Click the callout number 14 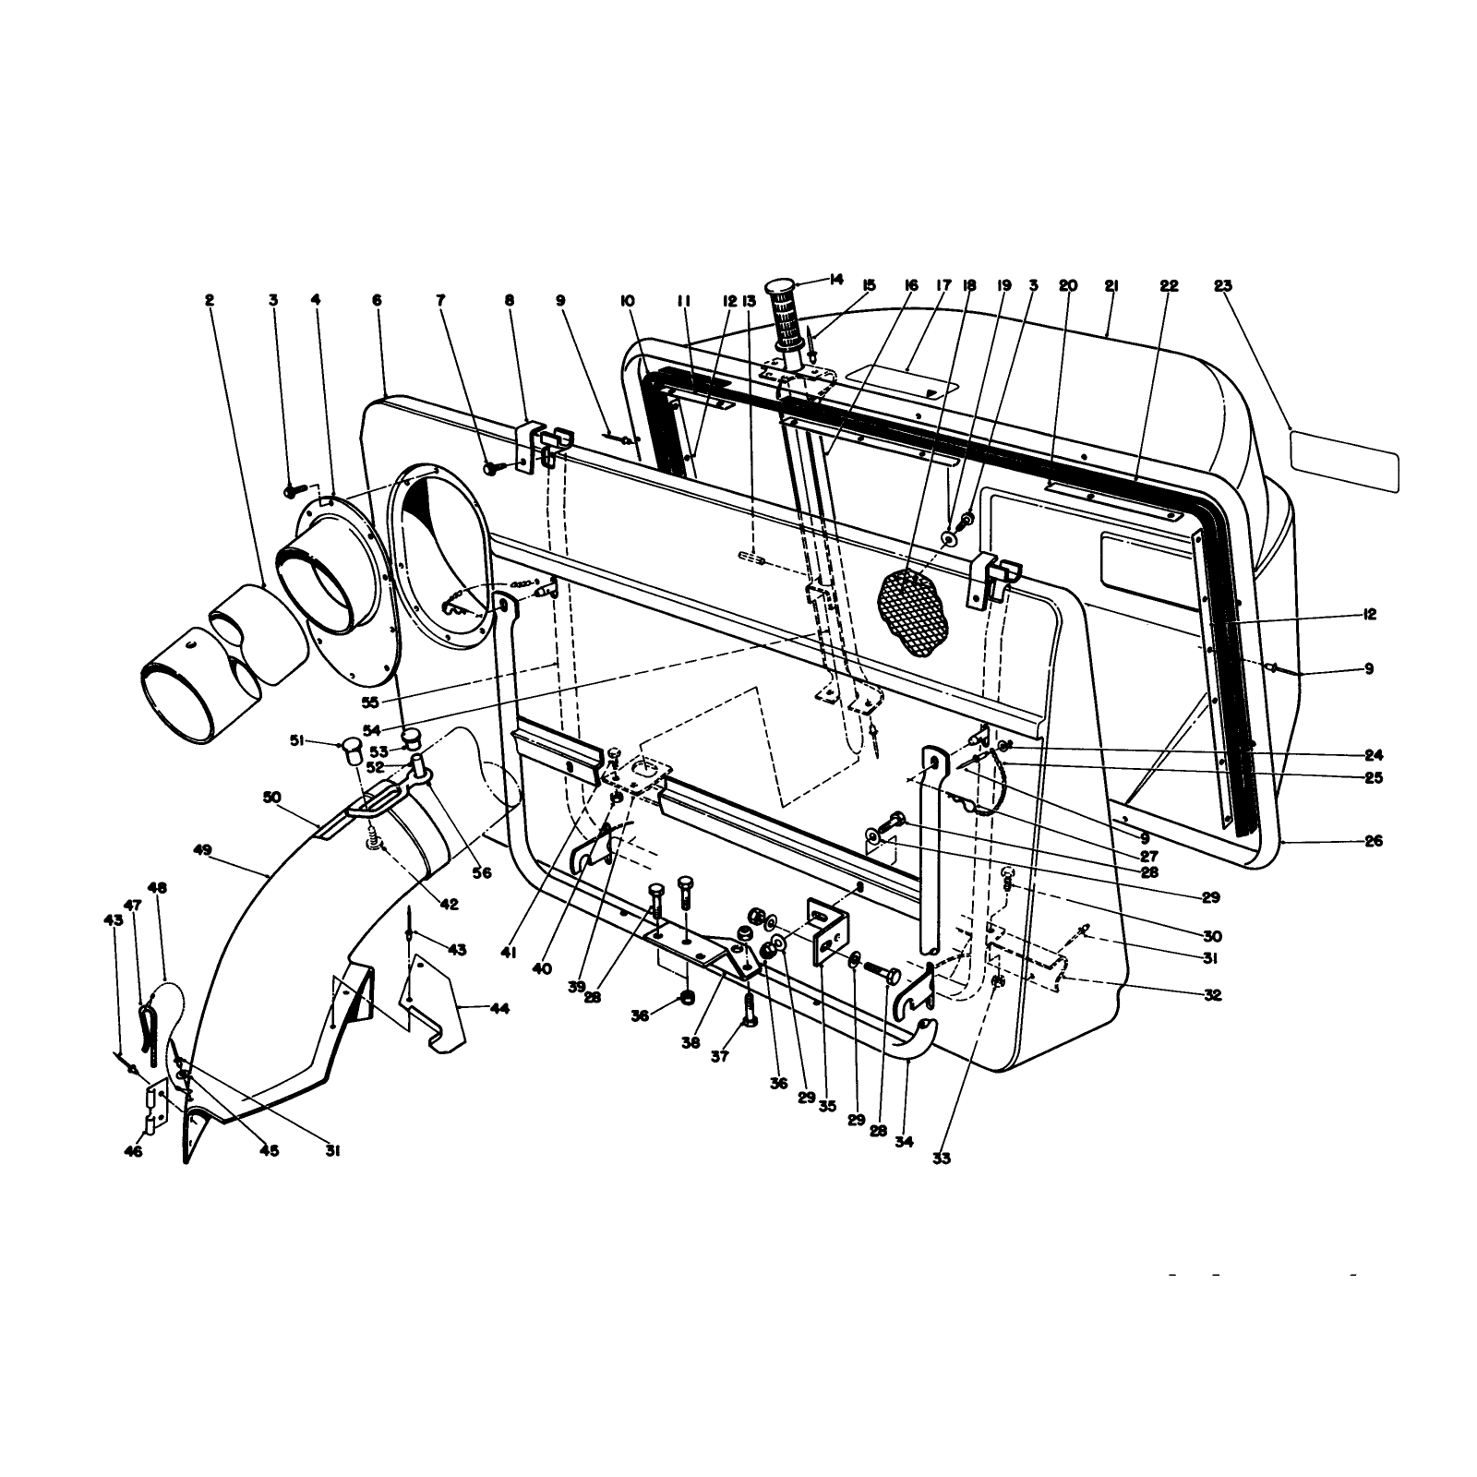pyautogui.click(x=837, y=279)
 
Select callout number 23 pyautogui.click(x=1223, y=286)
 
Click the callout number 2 pyautogui.click(x=210, y=300)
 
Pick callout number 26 pyautogui.click(x=1374, y=841)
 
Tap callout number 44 pyautogui.click(x=498, y=1009)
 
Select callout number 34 pyautogui.click(x=904, y=1142)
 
